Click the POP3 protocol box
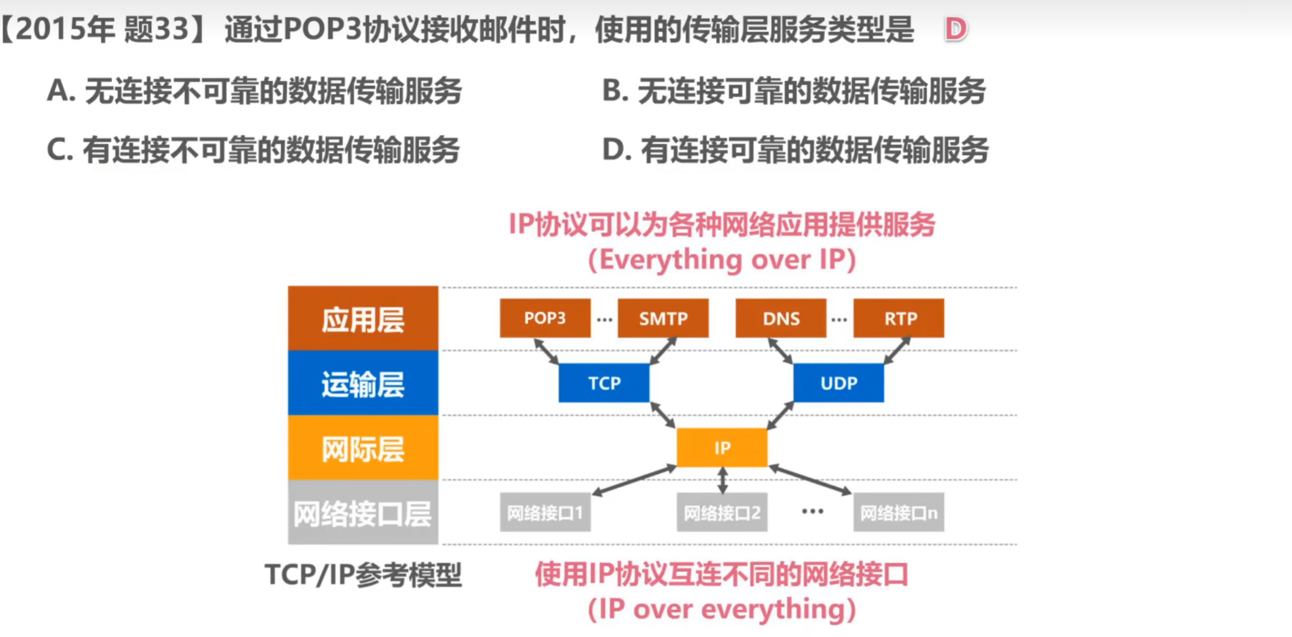[545, 318]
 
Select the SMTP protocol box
[663, 318]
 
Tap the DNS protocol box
[781, 318]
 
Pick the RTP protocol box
[899, 318]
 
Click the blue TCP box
[604, 383]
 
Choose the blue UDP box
[839, 383]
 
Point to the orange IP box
[722, 447]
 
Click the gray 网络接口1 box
[545, 512]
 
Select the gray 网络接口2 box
[722, 512]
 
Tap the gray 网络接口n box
[899, 512]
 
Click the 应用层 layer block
[363, 318]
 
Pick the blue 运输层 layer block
[363, 383]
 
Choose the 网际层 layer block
[363, 448]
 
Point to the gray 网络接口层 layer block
[363, 513]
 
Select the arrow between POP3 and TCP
[546, 351]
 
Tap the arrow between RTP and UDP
[897, 350]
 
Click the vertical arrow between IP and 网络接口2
[722, 480]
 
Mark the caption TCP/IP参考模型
[364, 575]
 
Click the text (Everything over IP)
[722, 260]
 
